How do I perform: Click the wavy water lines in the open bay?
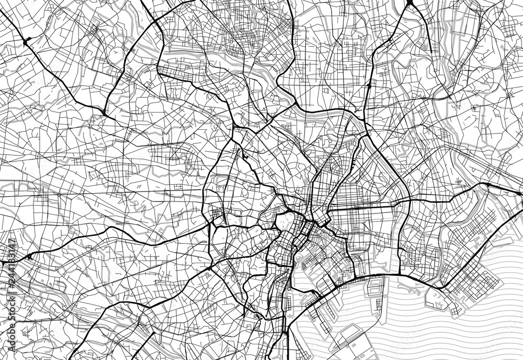point(445,335)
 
